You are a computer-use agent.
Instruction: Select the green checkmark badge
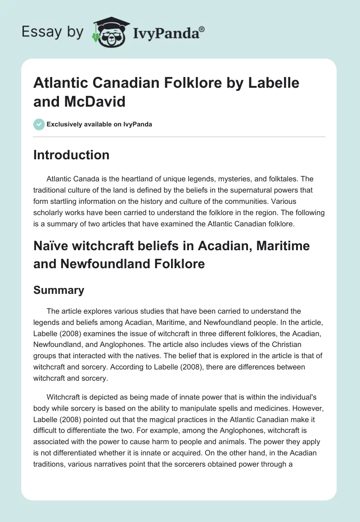pyautogui.click(x=39, y=124)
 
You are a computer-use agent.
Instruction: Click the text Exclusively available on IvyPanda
pyautogui.click(x=99, y=124)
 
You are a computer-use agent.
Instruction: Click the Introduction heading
pyautogui.click(x=71, y=155)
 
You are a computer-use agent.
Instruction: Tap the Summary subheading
pyautogui.click(x=58, y=290)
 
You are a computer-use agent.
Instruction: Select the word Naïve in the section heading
pyautogui.click(x=48, y=246)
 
